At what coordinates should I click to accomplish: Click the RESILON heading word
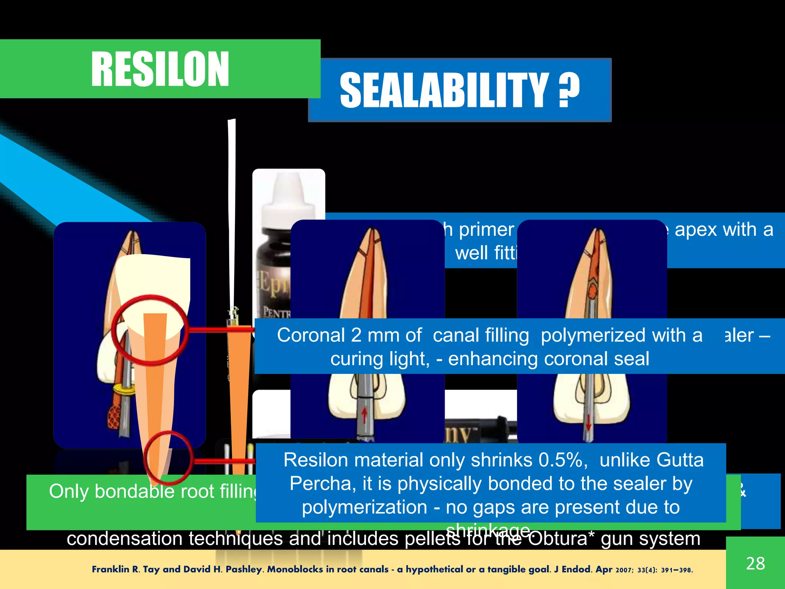click(160, 69)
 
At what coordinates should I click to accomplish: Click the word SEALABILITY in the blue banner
click(444, 91)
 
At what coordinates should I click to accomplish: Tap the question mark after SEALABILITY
click(569, 91)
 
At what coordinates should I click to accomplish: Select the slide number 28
click(755, 563)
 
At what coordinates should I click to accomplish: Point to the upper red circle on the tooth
click(150, 329)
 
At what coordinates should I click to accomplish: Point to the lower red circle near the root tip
click(168, 458)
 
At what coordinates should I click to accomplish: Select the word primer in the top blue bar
click(486, 230)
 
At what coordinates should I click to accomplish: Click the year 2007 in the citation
click(624, 570)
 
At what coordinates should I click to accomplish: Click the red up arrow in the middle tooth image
click(364, 416)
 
